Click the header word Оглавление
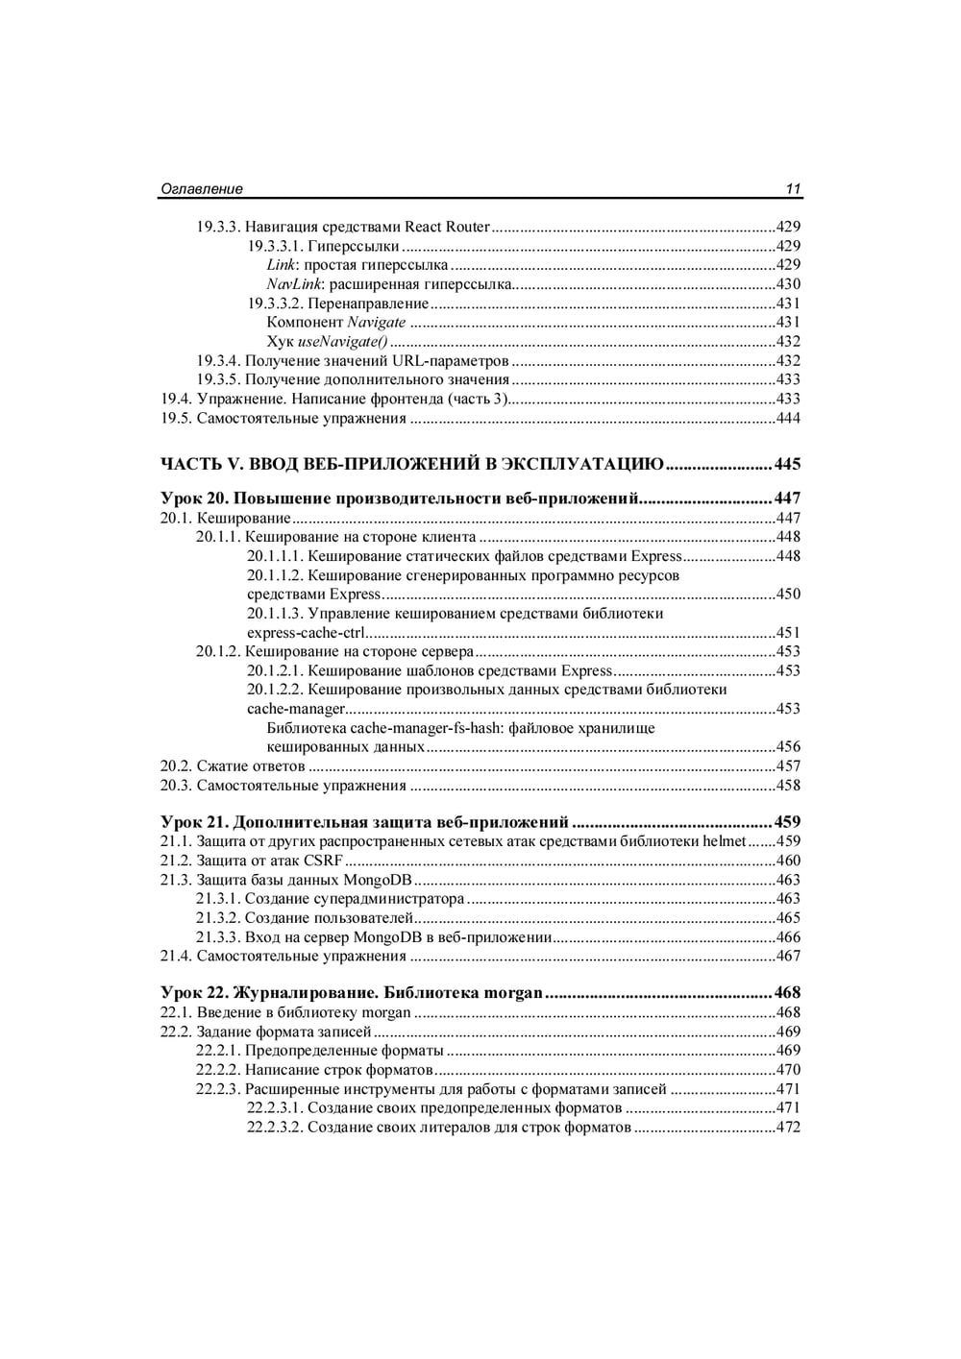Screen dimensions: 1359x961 click(201, 189)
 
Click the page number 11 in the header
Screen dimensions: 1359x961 click(793, 189)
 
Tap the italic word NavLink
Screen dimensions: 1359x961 click(293, 284)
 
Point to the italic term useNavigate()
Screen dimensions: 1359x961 click(343, 342)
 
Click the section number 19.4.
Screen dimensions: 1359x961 click(175, 399)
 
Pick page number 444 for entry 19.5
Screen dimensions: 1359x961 click(788, 418)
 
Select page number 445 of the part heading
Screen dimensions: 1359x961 click(787, 465)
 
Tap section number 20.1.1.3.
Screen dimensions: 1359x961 click(275, 614)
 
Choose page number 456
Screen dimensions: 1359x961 click(788, 747)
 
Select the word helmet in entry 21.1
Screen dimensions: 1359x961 click(725, 841)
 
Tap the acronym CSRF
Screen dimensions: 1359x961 click(323, 861)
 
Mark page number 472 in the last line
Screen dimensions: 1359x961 click(788, 1128)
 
